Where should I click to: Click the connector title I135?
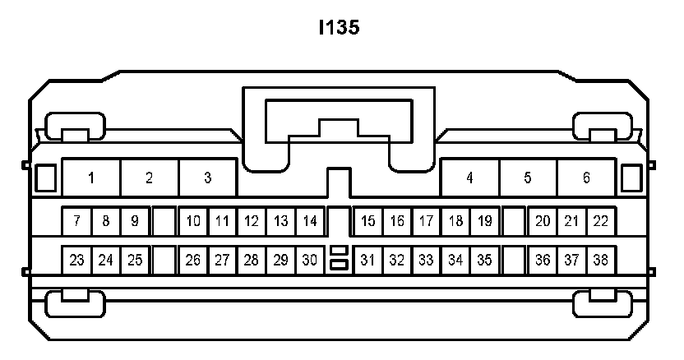pyautogui.click(x=340, y=28)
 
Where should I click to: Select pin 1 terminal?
pyautogui.click(x=91, y=178)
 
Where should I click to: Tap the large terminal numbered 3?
pyautogui.click(x=207, y=178)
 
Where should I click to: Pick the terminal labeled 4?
pyautogui.click(x=469, y=178)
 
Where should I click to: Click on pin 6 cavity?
pyautogui.click(x=586, y=178)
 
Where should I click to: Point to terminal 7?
pyautogui.click(x=76, y=221)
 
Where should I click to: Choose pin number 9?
pyautogui.click(x=135, y=221)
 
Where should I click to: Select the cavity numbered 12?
pyautogui.click(x=252, y=221)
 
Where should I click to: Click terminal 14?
pyautogui.click(x=309, y=221)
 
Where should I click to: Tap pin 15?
pyautogui.click(x=367, y=221)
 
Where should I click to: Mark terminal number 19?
pyautogui.click(x=484, y=221)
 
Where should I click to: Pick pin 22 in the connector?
pyautogui.click(x=600, y=221)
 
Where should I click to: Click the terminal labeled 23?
pyautogui.click(x=76, y=261)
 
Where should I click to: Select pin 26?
pyautogui.click(x=193, y=261)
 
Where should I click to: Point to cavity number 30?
pyautogui.click(x=309, y=261)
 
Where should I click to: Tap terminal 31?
pyautogui.click(x=367, y=261)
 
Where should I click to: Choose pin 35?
pyautogui.click(x=484, y=261)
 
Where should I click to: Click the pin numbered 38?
pyautogui.click(x=600, y=261)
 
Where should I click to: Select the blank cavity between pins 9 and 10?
pyautogui.click(x=164, y=221)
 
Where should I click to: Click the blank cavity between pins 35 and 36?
pyautogui.click(x=514, y=261)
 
